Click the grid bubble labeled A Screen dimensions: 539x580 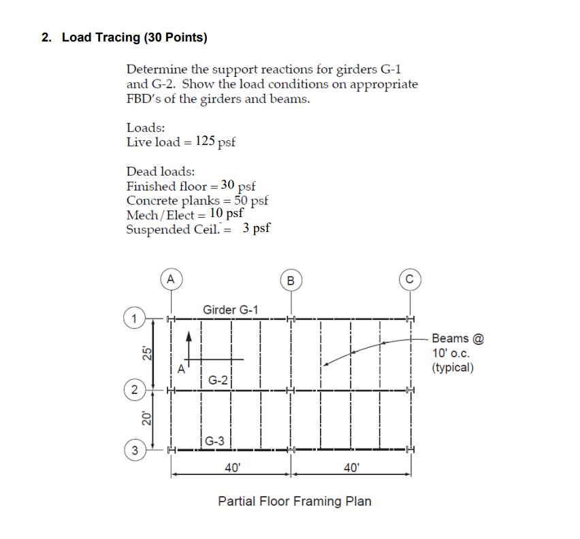(171, 278)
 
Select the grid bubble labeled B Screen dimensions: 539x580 (291, 280)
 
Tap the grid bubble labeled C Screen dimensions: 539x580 (409, 280)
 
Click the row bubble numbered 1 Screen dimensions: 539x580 (134, 318)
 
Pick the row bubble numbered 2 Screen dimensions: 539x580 (134, 391)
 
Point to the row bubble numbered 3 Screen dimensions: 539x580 (134, 450)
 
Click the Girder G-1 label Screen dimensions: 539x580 (231, 310)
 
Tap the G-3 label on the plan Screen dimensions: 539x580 (216, 440)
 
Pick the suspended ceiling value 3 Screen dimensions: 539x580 (246, 229)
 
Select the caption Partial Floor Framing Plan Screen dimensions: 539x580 (295, 502)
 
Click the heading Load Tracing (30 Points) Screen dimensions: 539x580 (134, 37)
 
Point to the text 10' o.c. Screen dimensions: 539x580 (449, 353)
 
